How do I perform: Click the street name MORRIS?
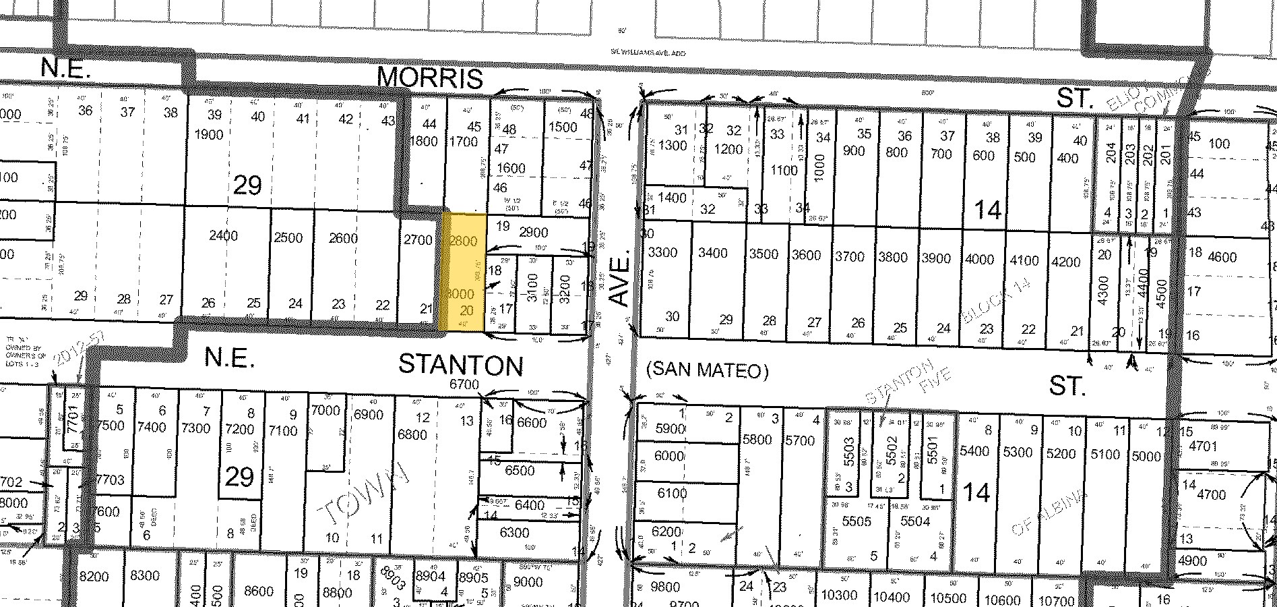pyautogui.click(x=430, y=78)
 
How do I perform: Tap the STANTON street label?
pyautogui.click(x=461, y=365)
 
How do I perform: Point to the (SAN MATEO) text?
pyautogui.click(x=707, y=370)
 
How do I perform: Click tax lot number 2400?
pyautogui.click(x=224, y=235)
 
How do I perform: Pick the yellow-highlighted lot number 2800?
pyautogui.click(x=463, y=241)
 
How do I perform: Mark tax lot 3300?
pyautogui.click(x=662, y=253)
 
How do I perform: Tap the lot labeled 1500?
pyautogui.click(x=563, y=127)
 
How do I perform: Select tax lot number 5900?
pyautogui.click(x=670, y=428)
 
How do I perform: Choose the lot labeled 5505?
pyautogui.click(x=858, y=521)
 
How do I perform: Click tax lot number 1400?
pyautogui.click(x=672, y=198)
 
